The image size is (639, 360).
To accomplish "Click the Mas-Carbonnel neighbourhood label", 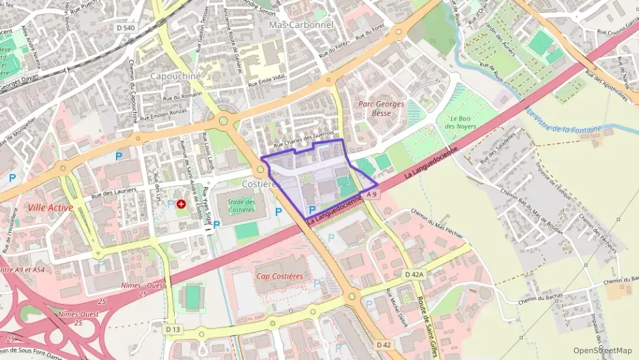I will [x=301, y=25].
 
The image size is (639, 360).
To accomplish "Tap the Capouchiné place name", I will [x=175, y=76].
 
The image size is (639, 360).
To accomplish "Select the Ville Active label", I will [x=51, y=207].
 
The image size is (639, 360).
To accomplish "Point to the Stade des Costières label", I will [x=241, y=206].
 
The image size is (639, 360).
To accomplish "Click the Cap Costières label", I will [x=279, y=276].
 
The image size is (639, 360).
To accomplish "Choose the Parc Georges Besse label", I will [x=381, y=109].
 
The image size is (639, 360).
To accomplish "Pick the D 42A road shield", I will [x=414, y=274].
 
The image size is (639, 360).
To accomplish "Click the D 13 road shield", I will [x=173, y=329].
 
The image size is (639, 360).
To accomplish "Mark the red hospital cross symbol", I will [x=181, y=204].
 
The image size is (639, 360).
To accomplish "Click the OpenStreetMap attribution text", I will [x=602, y=350].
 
